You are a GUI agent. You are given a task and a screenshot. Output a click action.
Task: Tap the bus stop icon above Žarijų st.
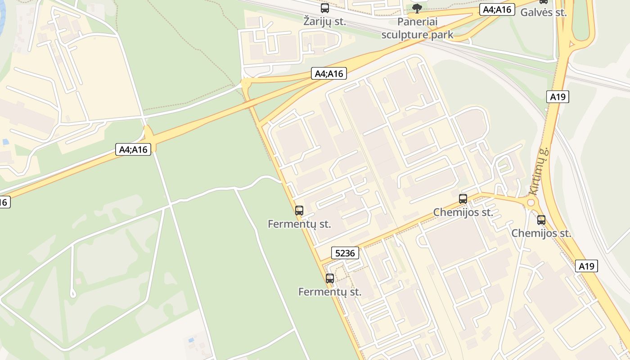click(324, 8)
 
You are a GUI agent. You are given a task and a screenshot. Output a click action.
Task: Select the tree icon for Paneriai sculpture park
click(417, 8)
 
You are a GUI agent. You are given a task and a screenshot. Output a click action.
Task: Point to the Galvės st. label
click(543, 13)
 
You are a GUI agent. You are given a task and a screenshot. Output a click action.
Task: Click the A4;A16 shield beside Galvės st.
click(497, 9)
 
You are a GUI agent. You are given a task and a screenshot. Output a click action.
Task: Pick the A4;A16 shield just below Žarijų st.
click(329, 74)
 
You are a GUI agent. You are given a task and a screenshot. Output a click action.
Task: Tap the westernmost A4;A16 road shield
click(134, 149)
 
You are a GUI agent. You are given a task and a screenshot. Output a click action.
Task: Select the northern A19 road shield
click(558, 96)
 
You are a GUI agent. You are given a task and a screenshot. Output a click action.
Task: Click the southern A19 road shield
click(586, 266)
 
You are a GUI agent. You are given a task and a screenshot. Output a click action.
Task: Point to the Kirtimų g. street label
click(539, 171)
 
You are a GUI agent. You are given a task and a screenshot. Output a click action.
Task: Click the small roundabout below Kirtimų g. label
click(531, 202)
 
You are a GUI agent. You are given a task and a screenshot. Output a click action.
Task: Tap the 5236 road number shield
click(345, 253)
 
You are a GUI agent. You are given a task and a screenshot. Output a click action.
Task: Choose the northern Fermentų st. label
click(299, 224)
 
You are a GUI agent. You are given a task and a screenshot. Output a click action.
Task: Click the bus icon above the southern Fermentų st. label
click(330, 278)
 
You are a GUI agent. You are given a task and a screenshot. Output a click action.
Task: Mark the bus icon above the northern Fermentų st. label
click(299, 210)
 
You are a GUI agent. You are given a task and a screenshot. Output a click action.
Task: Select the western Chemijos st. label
click(463, 212)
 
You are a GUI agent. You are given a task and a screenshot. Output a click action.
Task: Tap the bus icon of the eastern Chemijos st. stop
click(541, 220)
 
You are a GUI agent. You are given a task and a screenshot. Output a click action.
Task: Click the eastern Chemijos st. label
click(541, 234)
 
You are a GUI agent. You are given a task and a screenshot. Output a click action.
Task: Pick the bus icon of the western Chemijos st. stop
click(463, 198)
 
